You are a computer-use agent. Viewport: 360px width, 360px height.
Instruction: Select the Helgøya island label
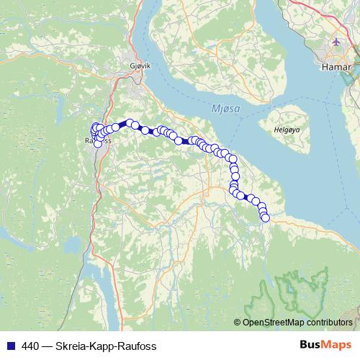(x=286, y=130)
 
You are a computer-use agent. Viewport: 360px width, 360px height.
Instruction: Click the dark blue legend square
(x=9, y=346)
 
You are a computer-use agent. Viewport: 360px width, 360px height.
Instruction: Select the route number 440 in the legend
(x=30, y=346)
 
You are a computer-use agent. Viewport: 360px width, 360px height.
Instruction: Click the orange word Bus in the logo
(x=309, y=345)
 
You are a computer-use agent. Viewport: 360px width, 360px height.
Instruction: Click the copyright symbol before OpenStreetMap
(x=238, y=323)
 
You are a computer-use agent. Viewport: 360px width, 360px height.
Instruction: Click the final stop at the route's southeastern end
(x=265, y=217)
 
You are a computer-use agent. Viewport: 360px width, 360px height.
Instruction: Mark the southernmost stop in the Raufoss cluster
(x=98, y=143)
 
